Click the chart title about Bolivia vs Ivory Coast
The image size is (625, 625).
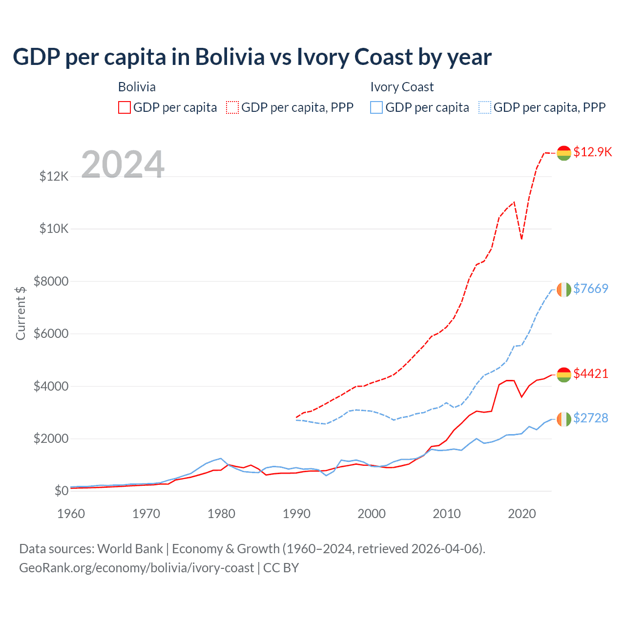pyautogui.click(x=252, y=57)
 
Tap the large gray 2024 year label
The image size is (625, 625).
pyautogui.click(x=123, y=165)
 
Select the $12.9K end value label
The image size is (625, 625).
pyautogui.click(x=592, y=152)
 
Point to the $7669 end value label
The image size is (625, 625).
pyautogui.click(x=590, y=289)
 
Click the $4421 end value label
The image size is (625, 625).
pyautogui.click(x=590, y=374)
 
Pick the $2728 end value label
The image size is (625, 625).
pyautogui.click(x=590, y=418)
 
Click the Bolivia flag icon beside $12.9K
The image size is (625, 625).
pyautogui.click(x=564, y=153)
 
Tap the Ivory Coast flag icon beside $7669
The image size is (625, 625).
pyautogui.click(x=564, y=290)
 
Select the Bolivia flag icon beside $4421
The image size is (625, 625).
pyautogui.click(x=564, y=375)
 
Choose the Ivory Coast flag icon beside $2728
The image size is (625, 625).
pyautogui.click(x=564, y=419)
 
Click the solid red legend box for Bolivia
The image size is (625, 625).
pyautogui.click(x=125, y=107)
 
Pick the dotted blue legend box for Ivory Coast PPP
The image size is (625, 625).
pyautogui.click(x=485, y=107)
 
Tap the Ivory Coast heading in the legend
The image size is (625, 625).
pyautogui.click(x=402, y=87)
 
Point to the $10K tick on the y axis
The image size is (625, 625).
pyautogui.click(x=54, y=229)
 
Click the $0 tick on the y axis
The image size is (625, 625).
pyautogui.click(x=61, y=491)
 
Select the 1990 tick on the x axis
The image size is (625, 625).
pyautogui.click(x=296, y=514)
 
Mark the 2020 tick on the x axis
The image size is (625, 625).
pyautogui.click(x=522, y=514)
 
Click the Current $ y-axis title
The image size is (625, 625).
pyautogui.click(x=21, y=313)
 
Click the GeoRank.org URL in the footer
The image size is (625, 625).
pyautogui.click(x=136, y=568)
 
